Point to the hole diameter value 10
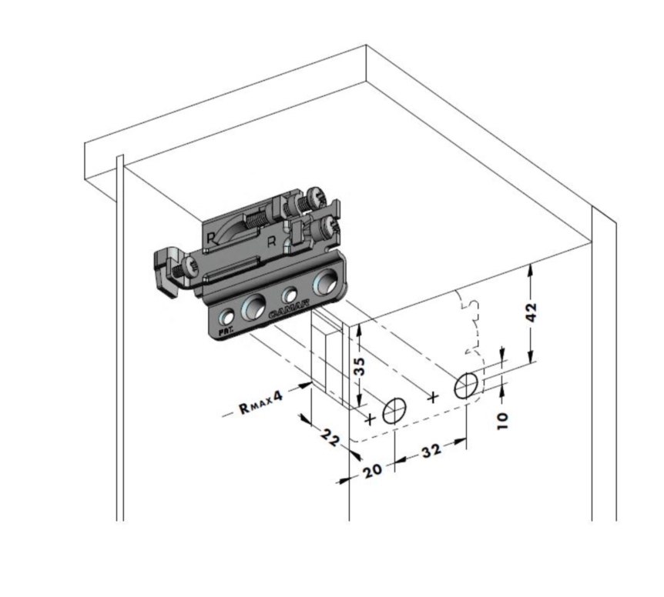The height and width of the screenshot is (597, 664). [x=503, y=419]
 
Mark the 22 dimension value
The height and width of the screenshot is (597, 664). [x=332, y=439]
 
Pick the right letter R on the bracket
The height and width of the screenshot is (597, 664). [x=271, y=242]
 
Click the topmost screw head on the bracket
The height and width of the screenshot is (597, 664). [x=316, y=198]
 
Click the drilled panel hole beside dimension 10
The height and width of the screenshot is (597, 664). [x=466, y=384]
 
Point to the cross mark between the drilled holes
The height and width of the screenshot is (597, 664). [x=433, y=397]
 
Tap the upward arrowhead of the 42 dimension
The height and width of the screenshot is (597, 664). [x=531, y=269]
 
